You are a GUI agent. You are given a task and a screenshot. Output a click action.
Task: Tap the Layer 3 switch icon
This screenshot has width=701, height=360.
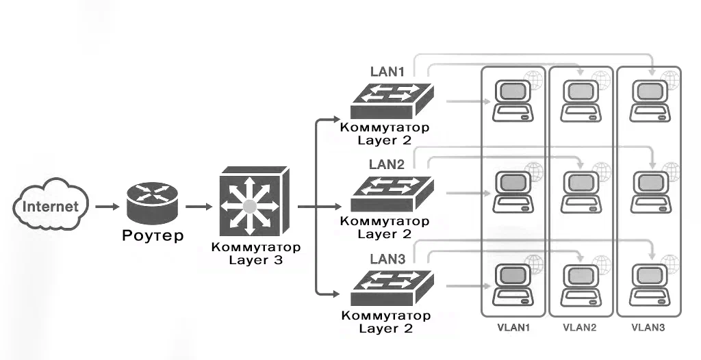tap(254, 202)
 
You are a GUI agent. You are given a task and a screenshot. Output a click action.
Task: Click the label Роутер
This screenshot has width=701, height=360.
tap(153, 235)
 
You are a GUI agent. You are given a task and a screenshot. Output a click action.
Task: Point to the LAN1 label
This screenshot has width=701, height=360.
tap(387, 72)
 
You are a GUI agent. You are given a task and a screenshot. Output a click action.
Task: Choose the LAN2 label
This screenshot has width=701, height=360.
tap(387, 164)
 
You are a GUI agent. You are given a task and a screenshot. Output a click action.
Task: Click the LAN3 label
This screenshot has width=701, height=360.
tap(387, 259)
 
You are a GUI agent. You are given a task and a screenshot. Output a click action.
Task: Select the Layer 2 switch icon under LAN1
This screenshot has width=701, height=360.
tap(392, 101)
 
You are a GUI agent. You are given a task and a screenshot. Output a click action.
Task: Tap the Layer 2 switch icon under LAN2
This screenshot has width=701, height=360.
tap(392, 194)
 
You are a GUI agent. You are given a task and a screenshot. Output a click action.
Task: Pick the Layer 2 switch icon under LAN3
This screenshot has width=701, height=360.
tap(392, 287)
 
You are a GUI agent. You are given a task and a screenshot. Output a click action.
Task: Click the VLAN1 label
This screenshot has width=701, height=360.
tap(513, 327)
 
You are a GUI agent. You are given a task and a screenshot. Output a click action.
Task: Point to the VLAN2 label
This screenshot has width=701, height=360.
tap(580, 327)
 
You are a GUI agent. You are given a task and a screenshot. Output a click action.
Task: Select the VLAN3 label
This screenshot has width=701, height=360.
tap(648, 327)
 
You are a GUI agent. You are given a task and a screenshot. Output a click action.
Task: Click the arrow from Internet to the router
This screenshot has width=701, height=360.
tap(107, 207)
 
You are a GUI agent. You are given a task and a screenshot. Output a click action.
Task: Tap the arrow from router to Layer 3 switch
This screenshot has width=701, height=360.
tap(199, 207)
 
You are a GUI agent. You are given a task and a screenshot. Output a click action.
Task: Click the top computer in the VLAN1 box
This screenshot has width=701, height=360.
tap(513, 101)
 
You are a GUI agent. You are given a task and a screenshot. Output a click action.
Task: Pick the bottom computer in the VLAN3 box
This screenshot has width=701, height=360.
tap(650, 285)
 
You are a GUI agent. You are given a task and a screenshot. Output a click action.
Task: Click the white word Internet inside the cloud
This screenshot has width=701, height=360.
tap(50, 207)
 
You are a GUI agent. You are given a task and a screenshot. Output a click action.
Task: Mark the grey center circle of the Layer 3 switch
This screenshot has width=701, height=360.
tap(249, 206)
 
